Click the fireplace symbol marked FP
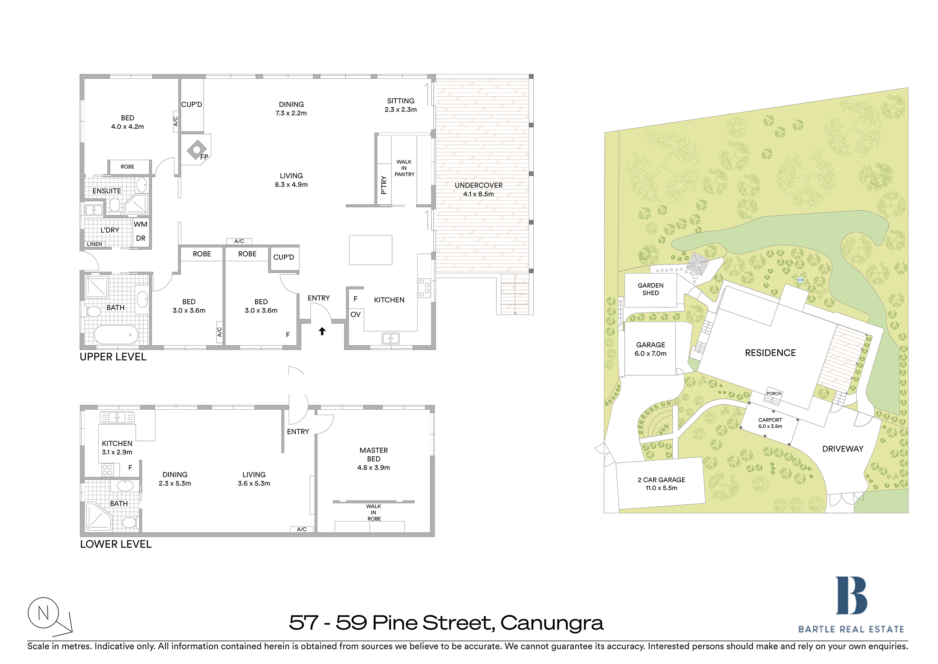[197, 150]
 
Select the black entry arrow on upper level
[322, 331]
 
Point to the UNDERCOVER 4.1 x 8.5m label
[478, 190]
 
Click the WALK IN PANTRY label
[404, 168]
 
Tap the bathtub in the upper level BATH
[116, 335]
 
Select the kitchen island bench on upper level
[371, 250]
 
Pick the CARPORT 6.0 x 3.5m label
[770, 423]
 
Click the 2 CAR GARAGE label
[661, 484]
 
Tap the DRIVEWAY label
[843, 449]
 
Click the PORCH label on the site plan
[774, 394]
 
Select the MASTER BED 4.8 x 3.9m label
[373, 459]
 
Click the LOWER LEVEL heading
[116, 544]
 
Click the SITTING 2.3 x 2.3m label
[400, 105]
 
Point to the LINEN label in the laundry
[95, 244]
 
